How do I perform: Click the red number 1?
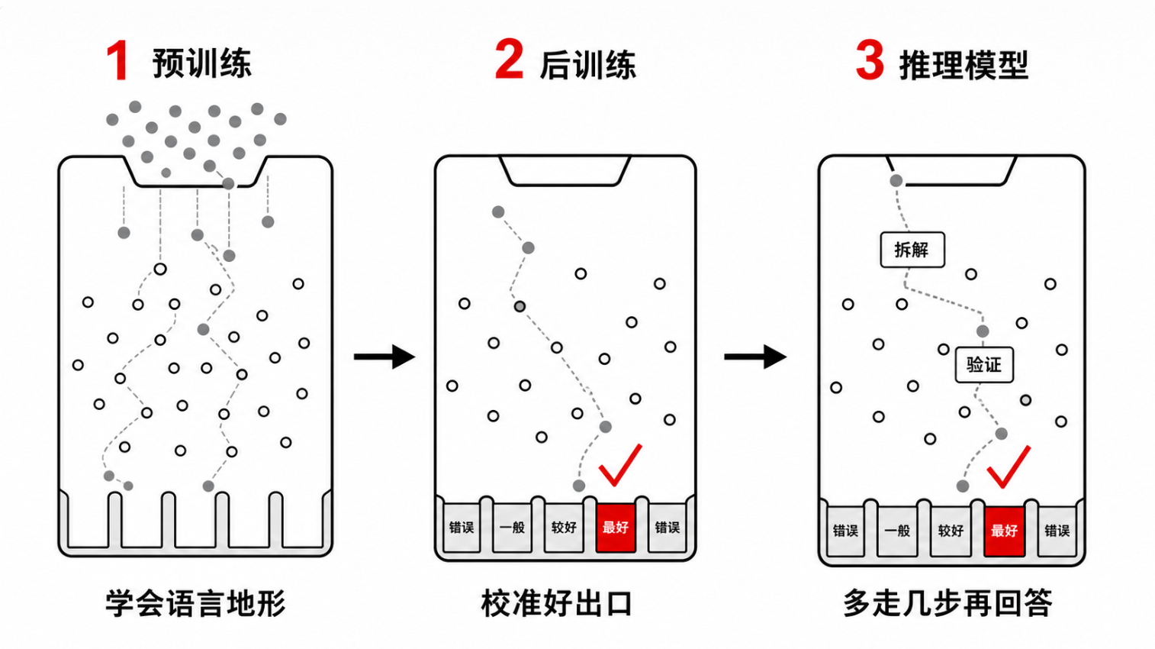click(x=118, y=61)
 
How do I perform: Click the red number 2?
click(x=510, y=60)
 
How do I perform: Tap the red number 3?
click(x=870, y=61)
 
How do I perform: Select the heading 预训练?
click(x=201, y=63)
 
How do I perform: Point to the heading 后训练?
click(x=588, y=66)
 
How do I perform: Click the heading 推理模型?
click(x=964, y=66)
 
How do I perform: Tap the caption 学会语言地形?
click(x=195, y=603)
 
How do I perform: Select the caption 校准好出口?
click(x=557, y=603)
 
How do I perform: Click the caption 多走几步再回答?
click(x=947, y=603)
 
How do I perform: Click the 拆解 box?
click(x=912, y=250)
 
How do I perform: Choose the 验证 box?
click(x=984, y=365)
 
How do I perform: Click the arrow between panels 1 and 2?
click(x=384, y=357)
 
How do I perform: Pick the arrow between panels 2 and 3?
click(x=755, y=357)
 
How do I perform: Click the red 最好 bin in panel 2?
click(x=616, y=528)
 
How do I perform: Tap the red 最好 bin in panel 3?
click(x=1004, y=531)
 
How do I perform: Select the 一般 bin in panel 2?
click(x=512, y=528)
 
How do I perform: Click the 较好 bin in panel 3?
click(x=951, y=531)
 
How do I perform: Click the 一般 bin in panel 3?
click(x=897, y=531)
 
